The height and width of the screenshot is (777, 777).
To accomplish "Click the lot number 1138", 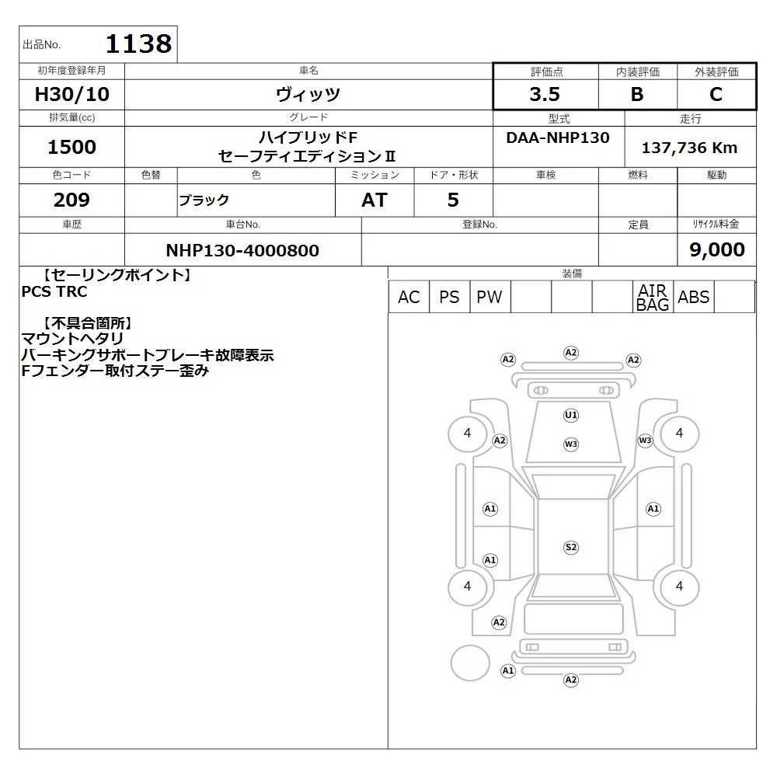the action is pyautogui.click(x=139, y=44).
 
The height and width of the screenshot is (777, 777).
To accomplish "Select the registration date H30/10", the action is pyautogui.click(x=71, y=94).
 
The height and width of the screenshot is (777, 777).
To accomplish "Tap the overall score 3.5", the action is pyautogui.click(x=545, y=94).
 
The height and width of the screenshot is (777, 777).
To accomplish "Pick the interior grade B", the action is pyautogui.click(x=637, y=94).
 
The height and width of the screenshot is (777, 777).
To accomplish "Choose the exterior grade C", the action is pyautogui.click(x=716, y=94).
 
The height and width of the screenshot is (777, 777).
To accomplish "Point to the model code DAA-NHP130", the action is pyautogui.click(x=558, y=138).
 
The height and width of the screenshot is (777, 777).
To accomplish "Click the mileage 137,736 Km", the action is pyautogui.click(x=689, y=148).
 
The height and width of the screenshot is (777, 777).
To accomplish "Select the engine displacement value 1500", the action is pyautogui.click(x=71, y=147).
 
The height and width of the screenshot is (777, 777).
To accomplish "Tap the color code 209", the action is pyautogui.click(x=71, y=200).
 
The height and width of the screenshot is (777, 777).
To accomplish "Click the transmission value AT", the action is pyautogui.click(x=375, y=200).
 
